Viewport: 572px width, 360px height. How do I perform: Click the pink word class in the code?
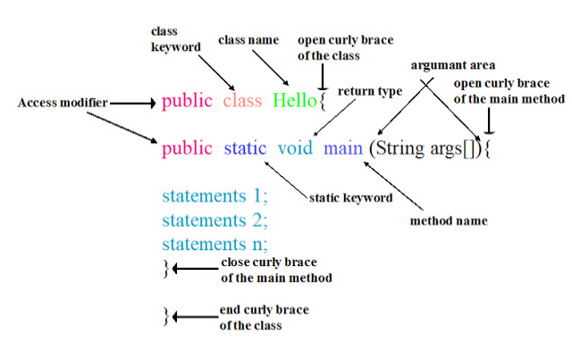pyautogui.click(x=242, y=101)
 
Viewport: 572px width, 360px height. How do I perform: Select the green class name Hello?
pyautogui.click(x=295, y=101)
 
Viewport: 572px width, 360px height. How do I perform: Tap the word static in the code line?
pyautogui.click(x=245, y=147)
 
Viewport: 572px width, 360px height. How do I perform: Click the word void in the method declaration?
pyautogui.click(x=295, y=147)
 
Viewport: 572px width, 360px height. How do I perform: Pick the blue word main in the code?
pyautogui.click(x=343, y=147)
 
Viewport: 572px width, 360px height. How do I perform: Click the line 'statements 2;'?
pyautogui.click(x=215, y=219)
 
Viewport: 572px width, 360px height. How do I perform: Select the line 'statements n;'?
pyautogui.click(x=215, y=243)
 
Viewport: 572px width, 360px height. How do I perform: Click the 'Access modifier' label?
pyautogui.click(x=63, y=103)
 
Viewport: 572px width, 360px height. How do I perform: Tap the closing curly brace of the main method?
pyautogui.click(x=165, y=268)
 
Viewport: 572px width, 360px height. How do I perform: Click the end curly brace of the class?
pyautogui.click(x=165, y=315)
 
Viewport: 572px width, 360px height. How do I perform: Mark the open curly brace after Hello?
pyautogui.click(x=323, y=102)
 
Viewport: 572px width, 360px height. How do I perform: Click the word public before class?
pyautogui.click(x=187, y=101)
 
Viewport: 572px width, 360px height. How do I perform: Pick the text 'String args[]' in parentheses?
pyautogui.click(x=427, y=147)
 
